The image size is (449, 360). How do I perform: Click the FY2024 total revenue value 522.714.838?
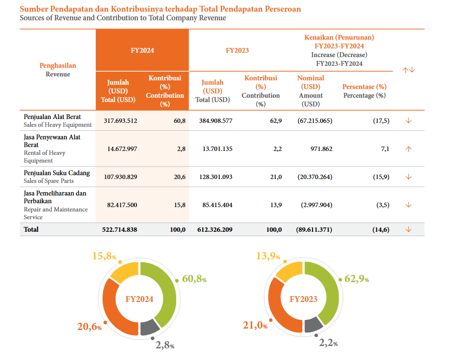pyautogui.click(x=120, y=229)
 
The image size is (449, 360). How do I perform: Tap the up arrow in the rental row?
pyautogui.click(x=408, y=149)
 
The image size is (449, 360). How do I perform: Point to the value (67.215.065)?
pyautogui.click(x=314, y=120)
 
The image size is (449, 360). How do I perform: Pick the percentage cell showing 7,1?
pyautogui.click(x=385, y=149)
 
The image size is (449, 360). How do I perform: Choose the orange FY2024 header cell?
pyautogui.click(x=142, y=50)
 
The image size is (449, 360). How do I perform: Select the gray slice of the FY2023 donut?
pyautogui.click(x=314, y=325)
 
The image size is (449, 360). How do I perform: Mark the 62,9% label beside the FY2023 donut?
pyautogui.click(x=357, y=279)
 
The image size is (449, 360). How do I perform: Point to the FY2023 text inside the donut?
pyautogui.click(x=303, y=299)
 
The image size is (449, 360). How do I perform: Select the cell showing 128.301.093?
pyautogui.click(x=215, y=177)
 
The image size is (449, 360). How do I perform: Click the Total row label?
pyautogui.click(x=31, y=229)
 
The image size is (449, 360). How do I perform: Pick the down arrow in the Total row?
pyautogui.click(x=408, y=229)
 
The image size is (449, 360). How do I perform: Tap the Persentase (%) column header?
pyautogui.click(x=364, y=87)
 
